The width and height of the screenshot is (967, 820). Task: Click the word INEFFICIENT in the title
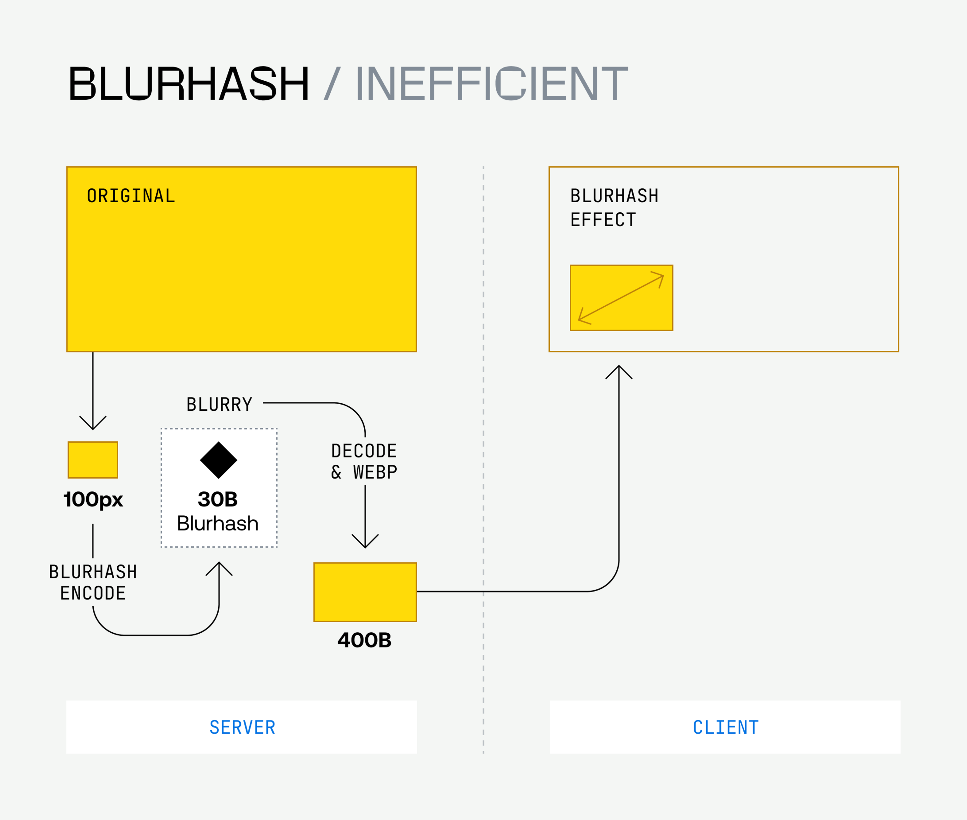491,84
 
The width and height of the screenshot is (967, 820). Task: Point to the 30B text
218,499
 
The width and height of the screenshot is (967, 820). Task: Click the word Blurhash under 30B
218,523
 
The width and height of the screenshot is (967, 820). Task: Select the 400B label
364,640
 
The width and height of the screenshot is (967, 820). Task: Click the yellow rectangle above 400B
365,592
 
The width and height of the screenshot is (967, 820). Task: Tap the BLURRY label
219,404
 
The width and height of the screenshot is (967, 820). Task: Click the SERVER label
242,727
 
